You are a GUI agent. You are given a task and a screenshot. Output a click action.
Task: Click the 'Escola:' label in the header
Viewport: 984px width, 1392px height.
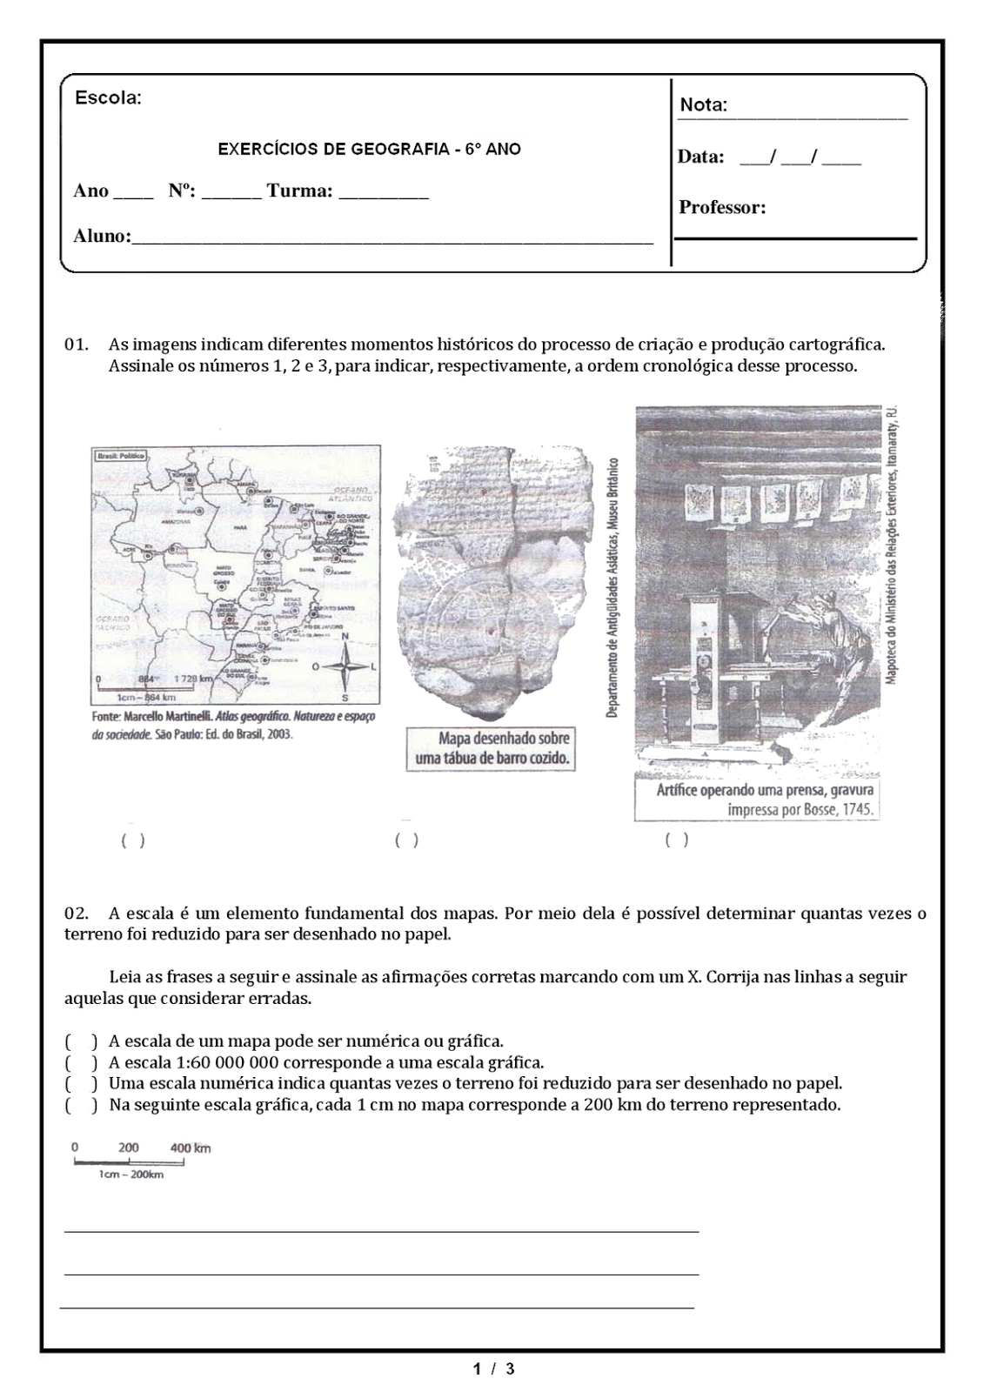pyautogui.click(x=108, y=97)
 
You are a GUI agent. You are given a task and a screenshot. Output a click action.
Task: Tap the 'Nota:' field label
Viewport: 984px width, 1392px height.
pyautogui.click(x=703, y=105)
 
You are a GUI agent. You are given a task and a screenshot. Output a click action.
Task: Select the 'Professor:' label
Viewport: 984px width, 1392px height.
pyautogui.click(x=722, y=207)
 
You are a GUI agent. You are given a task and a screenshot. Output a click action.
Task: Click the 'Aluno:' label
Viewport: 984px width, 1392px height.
pyautogui.click(x=102, y=236)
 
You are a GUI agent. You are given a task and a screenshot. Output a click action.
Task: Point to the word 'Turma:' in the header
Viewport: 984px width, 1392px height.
pyautogui.click(x=299, y=191)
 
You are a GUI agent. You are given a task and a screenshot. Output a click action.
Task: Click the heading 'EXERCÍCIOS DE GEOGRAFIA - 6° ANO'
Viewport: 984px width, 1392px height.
pyautogui.click(x=369, y=149)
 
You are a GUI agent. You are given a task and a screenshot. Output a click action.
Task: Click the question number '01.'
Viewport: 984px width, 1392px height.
pyautogui.click(x=77, y=344)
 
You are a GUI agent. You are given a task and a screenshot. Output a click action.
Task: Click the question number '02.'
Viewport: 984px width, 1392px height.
pyautogui.click(x=77, y=913)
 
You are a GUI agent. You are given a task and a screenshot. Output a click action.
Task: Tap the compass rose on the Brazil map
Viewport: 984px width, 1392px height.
pyautogui.click(x=345, y=666)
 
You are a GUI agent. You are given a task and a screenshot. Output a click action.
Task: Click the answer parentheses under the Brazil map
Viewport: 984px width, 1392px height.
pyautogui.click(x=133, y=840)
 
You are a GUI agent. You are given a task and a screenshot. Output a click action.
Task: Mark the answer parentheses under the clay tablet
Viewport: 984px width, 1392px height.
pyautogui.click(x=406, y=840)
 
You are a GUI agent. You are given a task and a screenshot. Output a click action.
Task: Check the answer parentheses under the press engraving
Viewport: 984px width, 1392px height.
pyautogui.click(x=677, y=840)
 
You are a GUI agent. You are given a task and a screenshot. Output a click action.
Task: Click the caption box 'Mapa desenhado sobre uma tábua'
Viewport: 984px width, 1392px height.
pyautogui.click(x=491, y=748)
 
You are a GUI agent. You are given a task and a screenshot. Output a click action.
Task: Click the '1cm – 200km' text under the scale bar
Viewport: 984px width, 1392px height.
pyautogui.click(x=131, y=1174)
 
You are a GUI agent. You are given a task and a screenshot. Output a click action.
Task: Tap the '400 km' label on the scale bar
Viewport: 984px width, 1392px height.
pyautogui.click(x=190, y=1148)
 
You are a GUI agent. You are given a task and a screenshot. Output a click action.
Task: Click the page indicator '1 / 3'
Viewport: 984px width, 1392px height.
pyautogui.click(x=493, y=1369)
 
